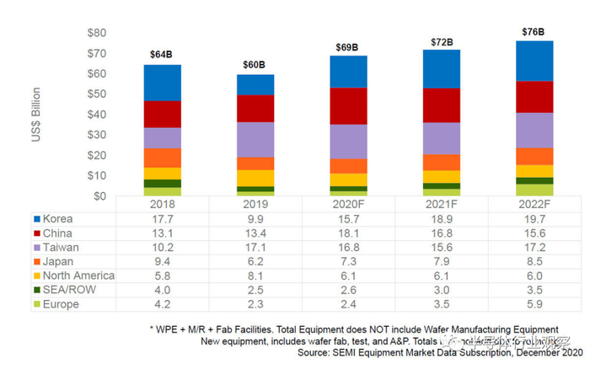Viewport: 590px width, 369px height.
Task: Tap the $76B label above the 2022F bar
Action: click(533, 32)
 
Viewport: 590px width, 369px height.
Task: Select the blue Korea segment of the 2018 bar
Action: click(163, 83)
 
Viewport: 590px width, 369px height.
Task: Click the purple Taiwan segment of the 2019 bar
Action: click(255, 139)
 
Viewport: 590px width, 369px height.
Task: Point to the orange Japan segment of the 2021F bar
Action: click(441, 162)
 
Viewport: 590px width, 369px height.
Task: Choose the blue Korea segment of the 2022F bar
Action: click(533, 61)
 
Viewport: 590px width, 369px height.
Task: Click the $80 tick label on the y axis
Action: click(96, 33)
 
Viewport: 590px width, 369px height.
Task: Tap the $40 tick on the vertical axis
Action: click(96, 115)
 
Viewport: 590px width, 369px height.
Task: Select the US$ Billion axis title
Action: click(37, 113)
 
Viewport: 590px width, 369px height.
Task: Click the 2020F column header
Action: click(347, 204)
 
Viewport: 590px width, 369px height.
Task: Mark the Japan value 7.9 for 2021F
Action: click(441, 260)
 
